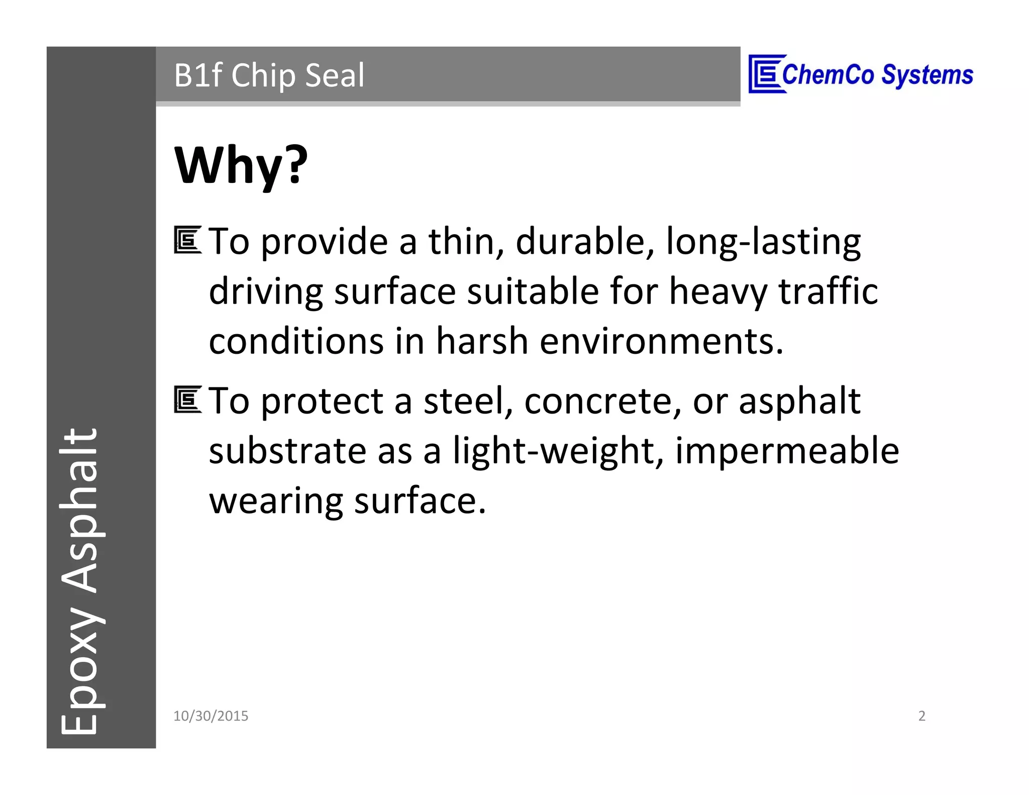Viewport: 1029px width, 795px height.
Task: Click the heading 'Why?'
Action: pos(241,166)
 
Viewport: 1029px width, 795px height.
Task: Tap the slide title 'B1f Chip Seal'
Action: pos(269,75)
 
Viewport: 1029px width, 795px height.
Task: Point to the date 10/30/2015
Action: pos(211,716)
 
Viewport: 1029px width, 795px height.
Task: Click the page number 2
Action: pos(921,716)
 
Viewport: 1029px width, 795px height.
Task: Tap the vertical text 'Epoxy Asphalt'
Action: pos(80,580)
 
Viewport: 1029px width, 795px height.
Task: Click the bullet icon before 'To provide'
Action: pos(187,240)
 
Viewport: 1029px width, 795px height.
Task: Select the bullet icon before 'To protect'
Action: pos(187,400)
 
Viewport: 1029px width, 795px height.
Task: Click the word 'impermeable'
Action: pos(787,451)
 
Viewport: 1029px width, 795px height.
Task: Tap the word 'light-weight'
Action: pos(558,451)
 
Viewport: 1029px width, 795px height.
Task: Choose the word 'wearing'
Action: pos(276,502)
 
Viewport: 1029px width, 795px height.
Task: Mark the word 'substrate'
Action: pos(287,451)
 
